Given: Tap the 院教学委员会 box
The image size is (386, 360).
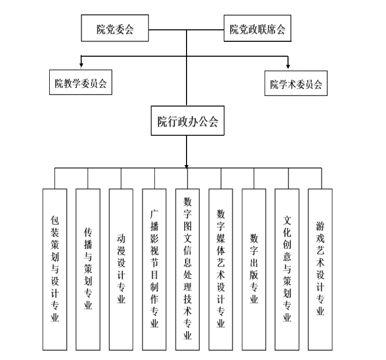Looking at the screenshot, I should (x=81, y=84).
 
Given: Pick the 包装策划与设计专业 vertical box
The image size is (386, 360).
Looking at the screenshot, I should (x=55, y=269).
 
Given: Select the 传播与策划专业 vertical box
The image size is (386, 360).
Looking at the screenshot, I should (x=88, y=269).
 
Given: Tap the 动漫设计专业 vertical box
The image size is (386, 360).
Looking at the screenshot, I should (x=121, y=269).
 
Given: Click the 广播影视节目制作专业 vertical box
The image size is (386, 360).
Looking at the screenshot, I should (x=154, y=269).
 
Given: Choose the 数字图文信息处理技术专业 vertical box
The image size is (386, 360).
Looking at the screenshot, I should (x=188, y=269).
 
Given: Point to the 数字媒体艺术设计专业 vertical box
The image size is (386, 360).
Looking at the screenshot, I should (x=221, y=269).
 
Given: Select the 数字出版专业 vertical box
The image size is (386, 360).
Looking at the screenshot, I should (x=254, y=269).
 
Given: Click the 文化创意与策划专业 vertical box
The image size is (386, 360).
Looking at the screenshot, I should (x=287, y=269).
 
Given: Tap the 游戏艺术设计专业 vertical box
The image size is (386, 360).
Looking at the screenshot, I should (x=320, y=269).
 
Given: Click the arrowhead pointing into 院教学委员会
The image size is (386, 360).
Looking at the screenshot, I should (x=81, y=65).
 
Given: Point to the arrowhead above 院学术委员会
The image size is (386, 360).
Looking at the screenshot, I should (x=288, y=65).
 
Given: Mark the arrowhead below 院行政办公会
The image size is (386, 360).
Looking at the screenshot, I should (x=187, y=166).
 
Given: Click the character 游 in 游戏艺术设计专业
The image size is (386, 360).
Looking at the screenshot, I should (x=320, y=226).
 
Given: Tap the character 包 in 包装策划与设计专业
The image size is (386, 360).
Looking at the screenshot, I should (x=55, y=219).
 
